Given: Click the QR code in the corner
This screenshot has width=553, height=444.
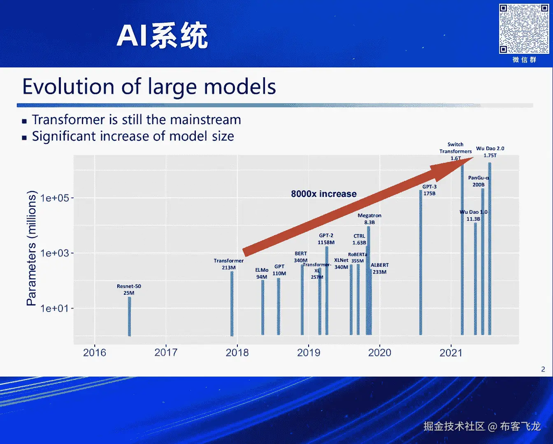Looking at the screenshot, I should [x=524, y=29].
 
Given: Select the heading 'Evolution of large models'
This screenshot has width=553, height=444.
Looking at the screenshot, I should [x=149, y=87].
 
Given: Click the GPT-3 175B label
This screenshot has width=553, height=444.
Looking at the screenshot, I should [x=429, y=190].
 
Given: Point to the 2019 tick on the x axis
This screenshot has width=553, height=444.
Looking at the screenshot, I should [x=309, y=352].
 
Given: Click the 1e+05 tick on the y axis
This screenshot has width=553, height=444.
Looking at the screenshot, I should [x=54, y=198].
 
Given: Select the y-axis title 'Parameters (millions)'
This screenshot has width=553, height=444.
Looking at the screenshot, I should [x=31, y=248].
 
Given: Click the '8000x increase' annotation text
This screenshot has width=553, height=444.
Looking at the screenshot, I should [x=324, y=194].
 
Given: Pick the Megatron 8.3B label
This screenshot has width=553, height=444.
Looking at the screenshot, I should [x=369, y=219].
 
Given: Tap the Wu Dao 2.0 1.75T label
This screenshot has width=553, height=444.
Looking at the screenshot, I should [x=490, y=152].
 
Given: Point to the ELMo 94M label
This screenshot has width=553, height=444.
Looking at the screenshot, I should [x=262, y=273].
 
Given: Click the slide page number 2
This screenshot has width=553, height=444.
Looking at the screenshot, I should [x=543, y=369].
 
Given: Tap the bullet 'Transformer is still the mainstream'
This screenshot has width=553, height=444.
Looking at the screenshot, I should [x=136, y=120].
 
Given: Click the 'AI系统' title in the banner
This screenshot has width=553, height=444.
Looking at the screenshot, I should [x=162, y=36].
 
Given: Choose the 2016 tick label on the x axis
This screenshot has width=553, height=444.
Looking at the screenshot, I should [x=95, y=352].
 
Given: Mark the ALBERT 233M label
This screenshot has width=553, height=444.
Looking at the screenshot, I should [x=379, y=268].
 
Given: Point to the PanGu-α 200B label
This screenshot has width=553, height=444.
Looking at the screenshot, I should [x=479, y=181].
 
